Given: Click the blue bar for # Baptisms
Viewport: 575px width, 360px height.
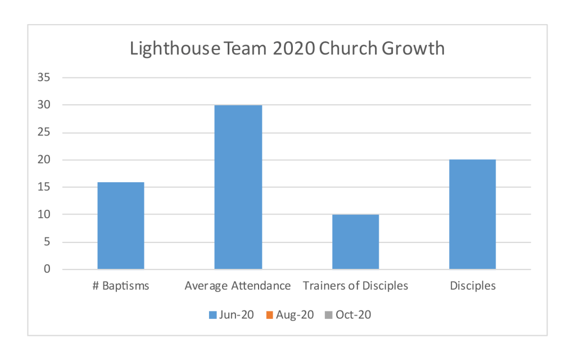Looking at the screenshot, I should (x=120, y=226).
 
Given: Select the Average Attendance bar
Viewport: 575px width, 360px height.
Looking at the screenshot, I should (x=238, y=187).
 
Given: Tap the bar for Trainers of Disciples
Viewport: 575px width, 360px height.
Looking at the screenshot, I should (x=355, y=242).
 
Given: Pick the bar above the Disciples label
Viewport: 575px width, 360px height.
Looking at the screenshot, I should (x=472, y=214).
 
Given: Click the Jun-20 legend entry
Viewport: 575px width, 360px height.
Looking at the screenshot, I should (x=231, y=315).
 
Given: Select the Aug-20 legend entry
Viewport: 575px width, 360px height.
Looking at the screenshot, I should (x=291, y=315).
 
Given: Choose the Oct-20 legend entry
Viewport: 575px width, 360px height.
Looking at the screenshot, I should (x=348, y=315).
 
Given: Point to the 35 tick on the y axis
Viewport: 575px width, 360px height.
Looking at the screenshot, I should (x=44, y=78).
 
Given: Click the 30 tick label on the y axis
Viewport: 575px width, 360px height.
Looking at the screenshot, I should (x=44, y=105).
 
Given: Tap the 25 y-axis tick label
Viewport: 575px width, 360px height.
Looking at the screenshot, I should (x=44, y=133).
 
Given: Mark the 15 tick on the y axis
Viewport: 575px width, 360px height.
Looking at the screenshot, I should (x=44, y=187).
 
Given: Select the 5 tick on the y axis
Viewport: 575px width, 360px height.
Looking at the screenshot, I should (x=47, y=242).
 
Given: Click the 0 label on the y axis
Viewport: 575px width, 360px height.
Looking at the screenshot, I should (x=47, y=269).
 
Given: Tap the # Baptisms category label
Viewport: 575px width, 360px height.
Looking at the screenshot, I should (x=121, y=286).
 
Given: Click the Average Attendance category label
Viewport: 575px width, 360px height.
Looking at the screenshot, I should (x=238, y=286).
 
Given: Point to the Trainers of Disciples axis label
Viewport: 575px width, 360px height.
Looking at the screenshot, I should (x=355, y=286).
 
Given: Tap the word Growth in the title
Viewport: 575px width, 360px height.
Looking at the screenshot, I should (x=413, y=49).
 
